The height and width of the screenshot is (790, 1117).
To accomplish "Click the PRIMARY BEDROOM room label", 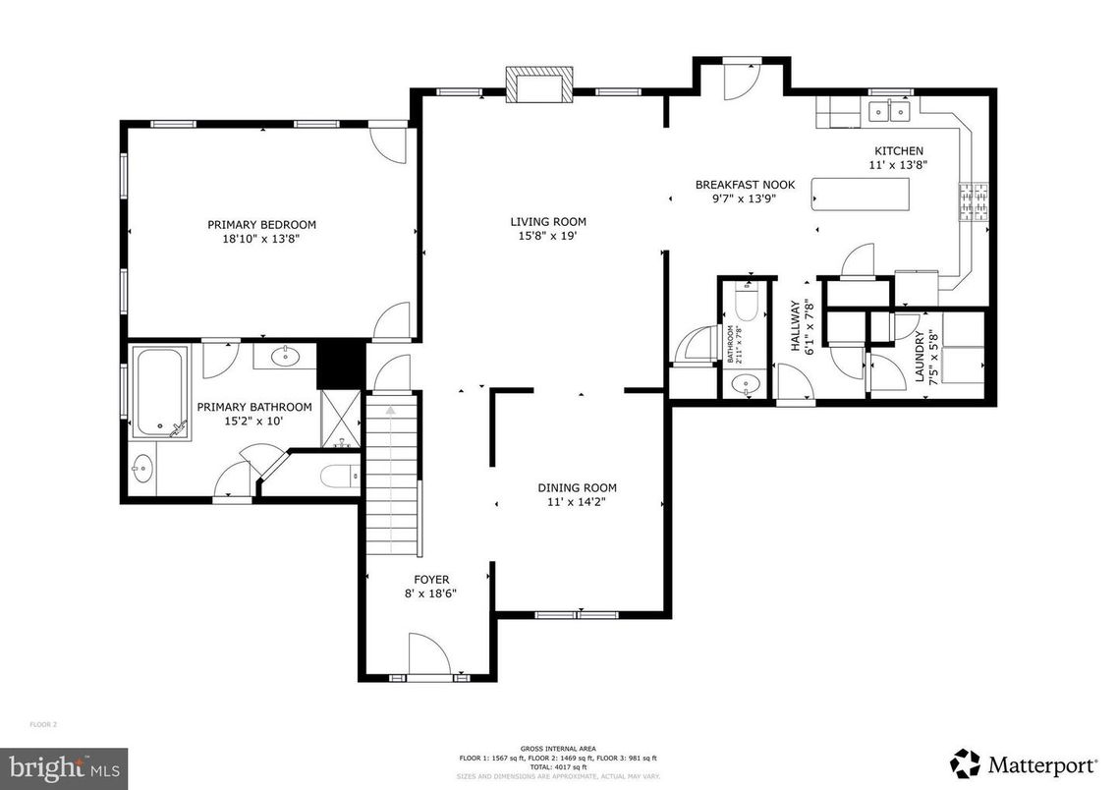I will [261, 224].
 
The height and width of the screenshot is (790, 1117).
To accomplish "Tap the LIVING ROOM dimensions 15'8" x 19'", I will [547, 236].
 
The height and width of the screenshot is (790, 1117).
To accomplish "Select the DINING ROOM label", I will [577, 487].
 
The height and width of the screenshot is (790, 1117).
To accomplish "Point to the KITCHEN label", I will [899, 150].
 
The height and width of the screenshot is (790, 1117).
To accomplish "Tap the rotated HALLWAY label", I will [797, 326].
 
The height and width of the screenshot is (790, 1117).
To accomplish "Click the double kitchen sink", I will [890, 112].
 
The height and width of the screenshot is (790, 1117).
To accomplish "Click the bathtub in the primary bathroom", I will [161, 391].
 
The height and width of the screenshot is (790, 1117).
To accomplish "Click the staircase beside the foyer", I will [392, 481].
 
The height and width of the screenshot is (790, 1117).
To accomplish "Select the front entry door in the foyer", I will [428, 655].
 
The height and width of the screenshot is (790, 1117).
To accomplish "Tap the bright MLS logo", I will [64, 765].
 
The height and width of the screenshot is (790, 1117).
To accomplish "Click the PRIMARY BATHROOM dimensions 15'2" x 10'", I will [254, 423].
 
